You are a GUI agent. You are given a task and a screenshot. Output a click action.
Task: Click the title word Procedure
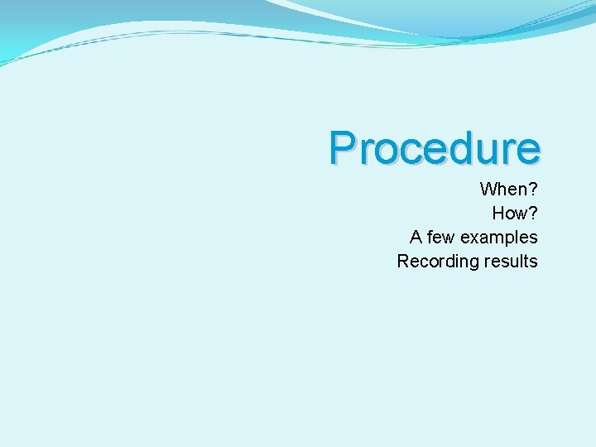435,148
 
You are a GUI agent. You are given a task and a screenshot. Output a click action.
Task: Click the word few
441,237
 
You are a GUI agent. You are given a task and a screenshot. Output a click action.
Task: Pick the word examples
499,237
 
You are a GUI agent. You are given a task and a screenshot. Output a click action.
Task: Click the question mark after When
532,189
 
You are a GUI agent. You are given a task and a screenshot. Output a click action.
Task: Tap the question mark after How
532,213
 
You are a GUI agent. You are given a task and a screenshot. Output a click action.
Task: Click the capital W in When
488,189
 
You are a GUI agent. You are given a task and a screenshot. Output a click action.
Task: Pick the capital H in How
499,213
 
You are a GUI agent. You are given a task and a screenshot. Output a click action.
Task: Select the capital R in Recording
403,261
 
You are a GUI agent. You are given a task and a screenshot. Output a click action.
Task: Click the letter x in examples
474,238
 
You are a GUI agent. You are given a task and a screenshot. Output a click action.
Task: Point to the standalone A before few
416,237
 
